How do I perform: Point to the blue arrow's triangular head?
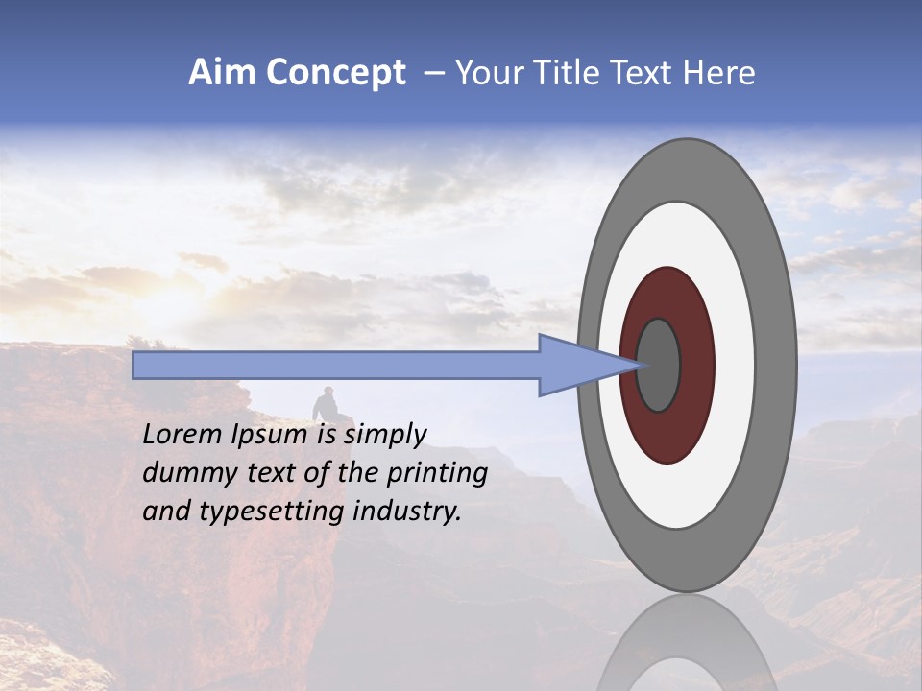(576, 365)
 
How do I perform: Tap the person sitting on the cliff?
(326, 405)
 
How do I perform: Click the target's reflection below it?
(686, 643)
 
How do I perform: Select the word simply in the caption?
(385, 436)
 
